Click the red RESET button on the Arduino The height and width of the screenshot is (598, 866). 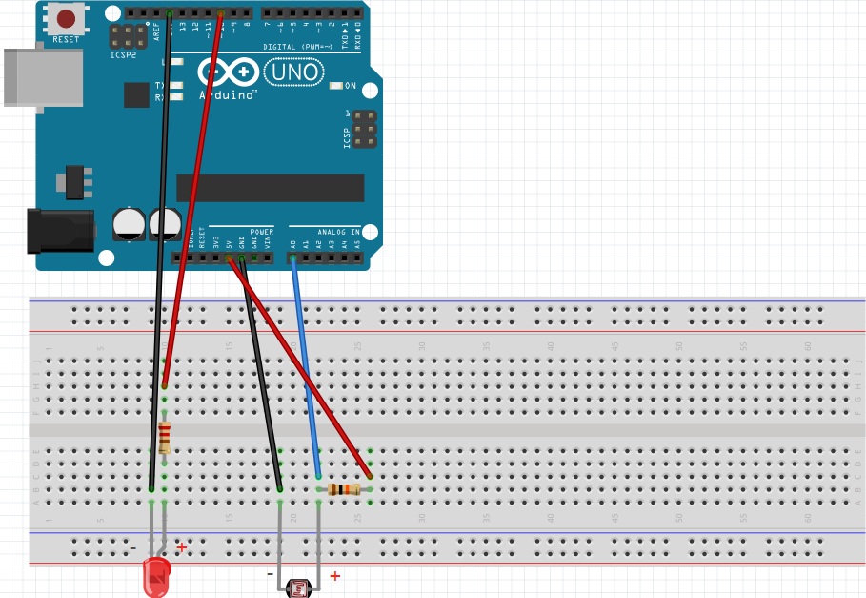(x=66, y=18)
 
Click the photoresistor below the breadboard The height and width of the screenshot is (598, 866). (x=299, y=588)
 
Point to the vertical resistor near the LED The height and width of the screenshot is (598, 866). (x=165, y=437)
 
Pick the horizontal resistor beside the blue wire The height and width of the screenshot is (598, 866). (x=343, y=489)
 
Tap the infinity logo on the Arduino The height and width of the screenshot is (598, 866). (x=229, y=72)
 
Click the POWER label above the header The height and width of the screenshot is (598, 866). (x=261, y=232)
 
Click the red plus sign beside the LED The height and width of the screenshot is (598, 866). (x=181, y=546)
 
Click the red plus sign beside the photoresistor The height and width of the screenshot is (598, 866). (x=334, y=575)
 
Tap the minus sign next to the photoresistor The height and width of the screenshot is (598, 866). (x=270, y=574)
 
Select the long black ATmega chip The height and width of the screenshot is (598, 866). (x=270, y=187)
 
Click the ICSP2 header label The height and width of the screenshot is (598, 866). (x=122, y=54)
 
